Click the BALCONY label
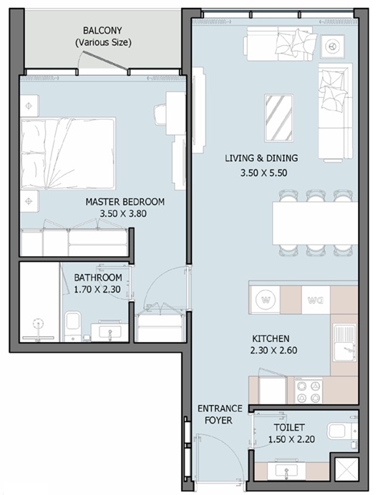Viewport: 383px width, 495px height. [102, 31]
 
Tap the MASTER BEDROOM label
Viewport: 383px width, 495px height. [125, 202]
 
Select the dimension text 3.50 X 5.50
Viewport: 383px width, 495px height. [264, 173]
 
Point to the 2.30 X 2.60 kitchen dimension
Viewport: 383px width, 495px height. [273, 351]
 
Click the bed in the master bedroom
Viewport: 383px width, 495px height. [68, 154]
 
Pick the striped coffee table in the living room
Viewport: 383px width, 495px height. [278, 117]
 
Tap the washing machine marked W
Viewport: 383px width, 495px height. [266, 300]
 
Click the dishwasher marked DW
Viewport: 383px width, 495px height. [316, 300]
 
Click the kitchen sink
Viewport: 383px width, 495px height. [344, 343]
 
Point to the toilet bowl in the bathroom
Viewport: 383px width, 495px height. [73, 325]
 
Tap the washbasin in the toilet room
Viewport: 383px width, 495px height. [286, 471]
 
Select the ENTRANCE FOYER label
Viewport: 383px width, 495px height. [219, 414]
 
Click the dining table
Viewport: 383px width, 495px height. [315, 223]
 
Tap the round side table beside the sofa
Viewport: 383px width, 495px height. [331, 46]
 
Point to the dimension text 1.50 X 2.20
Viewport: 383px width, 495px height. [291, 439]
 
